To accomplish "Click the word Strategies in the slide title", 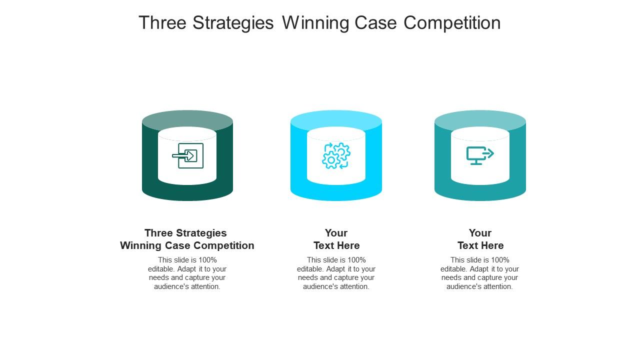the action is (x=233, y=23).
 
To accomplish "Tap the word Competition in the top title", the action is (x=452, y=23).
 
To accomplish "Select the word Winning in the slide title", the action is (x=315, y=23).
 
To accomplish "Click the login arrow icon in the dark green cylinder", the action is (x=187, y=155).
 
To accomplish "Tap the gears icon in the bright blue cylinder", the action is (x=336, y=155).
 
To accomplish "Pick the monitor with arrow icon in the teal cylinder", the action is (x=480, y=155).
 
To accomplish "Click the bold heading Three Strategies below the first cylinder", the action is (x=185, y=233).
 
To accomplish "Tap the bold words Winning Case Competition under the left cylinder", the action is (x=187, y=245).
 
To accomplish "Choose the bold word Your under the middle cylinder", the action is (x=336, y=233).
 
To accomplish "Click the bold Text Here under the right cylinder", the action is (x=480, y=245).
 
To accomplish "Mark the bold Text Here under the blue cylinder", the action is (x=336, y=245).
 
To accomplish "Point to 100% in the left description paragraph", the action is (x=207, y=260).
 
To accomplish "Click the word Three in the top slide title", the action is (x=162, y=23).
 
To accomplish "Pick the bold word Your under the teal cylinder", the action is (x=480, y=233).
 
